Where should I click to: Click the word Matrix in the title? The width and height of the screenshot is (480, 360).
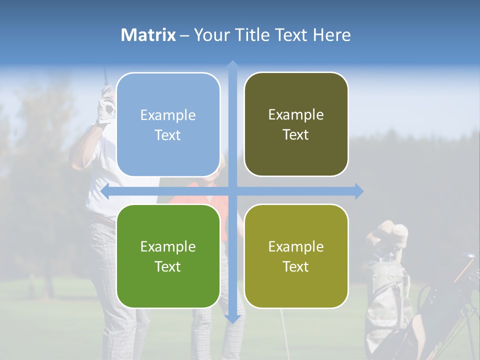(x=148, y=35)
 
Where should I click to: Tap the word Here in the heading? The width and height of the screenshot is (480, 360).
(x=331, y=35)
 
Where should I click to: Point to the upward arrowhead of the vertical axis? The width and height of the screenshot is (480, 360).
(x=232, y=64)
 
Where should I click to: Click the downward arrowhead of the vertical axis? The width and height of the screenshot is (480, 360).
(x=232, y=318)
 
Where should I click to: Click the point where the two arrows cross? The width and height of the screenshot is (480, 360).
(x=232, y=191)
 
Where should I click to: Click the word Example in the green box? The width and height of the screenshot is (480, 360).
(x=168, y=246)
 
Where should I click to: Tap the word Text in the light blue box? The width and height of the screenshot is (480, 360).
(x=168, y=135)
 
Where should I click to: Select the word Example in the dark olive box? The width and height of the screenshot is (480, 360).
(x=296, y=114)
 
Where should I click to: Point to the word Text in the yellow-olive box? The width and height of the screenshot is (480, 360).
(x=296, y=266)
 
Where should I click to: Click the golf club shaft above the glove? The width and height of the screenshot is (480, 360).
(x=105, y=75)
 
